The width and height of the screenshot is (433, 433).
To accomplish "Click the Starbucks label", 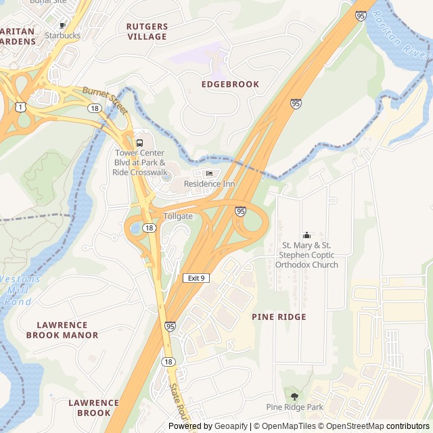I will pyautogui.click(x=62, y=35).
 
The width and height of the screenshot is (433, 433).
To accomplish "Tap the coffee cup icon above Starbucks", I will pyautogui.click(x=63, y=25).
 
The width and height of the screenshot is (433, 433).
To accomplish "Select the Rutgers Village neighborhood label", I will pyautogui.click(x=147, y=31).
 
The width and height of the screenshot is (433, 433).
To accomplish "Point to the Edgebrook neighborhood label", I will pyautogui.click(x=230, y=84).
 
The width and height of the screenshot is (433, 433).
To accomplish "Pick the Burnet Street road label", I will pyautogui.click(x=105, y=99).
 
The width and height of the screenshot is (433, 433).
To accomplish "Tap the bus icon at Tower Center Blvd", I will pyautogui.click(x=139, y=143).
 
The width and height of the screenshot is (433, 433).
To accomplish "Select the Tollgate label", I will pyautogui.click(x=178, y=216).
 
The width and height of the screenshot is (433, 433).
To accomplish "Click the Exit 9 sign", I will pyautogui.click(x=196, y=278).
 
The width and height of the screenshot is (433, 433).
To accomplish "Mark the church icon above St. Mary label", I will pyautogui.click(x=306, y=235).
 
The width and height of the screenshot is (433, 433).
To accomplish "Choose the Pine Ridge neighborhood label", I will pyautogui.click(x=279, y=317).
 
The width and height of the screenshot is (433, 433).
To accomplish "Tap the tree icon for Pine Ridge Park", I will pyautogui.click(x=294, y=396).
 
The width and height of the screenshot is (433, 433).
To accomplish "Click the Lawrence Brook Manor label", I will pyautogui.click(x=62, y=329).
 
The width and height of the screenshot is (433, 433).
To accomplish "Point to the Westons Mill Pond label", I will pyautogui.click(x=20, y=290).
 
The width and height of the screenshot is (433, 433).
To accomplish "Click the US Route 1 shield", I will pyautogui.click(x=20, y=107).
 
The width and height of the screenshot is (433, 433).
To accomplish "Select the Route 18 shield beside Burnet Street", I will pyautogui.click(x=93, y=108).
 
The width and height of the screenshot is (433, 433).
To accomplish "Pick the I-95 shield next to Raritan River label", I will pyautogui.click(x=361, y=16).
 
